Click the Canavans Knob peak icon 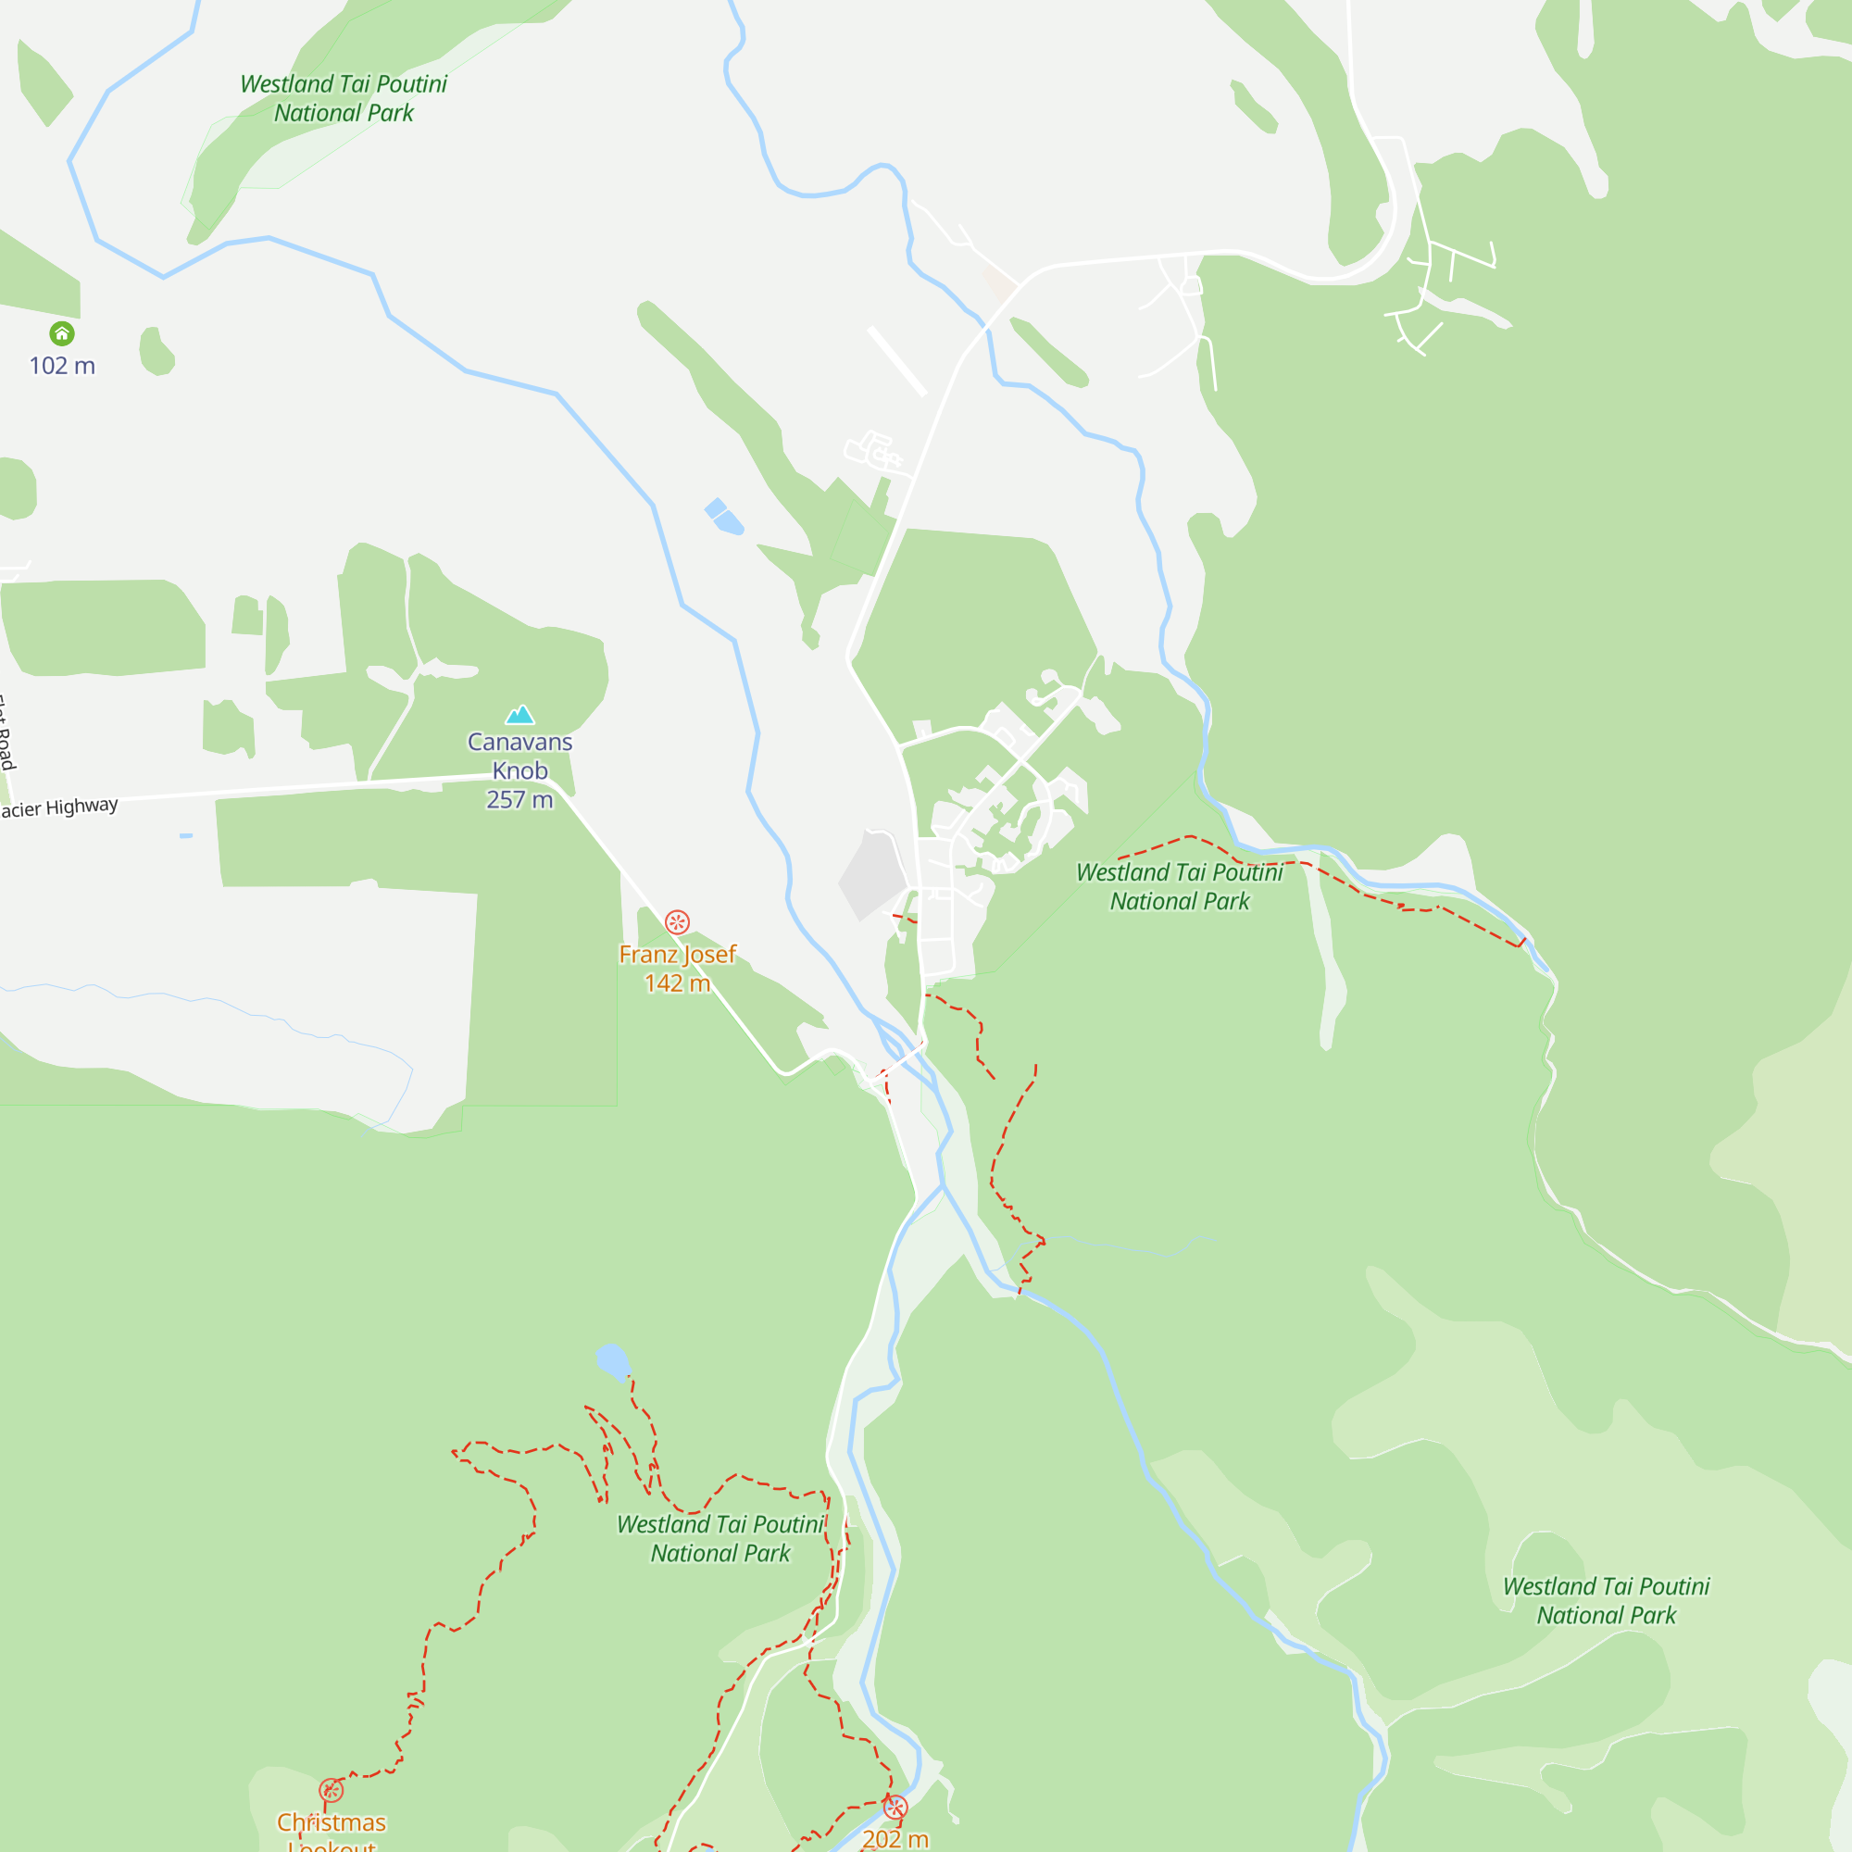(519, 714)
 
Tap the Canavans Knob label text (519, 756)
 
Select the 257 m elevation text (519, 799)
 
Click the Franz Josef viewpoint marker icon (677, 922)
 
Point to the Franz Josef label (677, 954)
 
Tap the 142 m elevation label (677, 982)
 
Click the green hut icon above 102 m (62, 333)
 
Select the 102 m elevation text (62, 365)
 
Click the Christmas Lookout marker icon (331, 1790)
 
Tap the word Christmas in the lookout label (331, 1821)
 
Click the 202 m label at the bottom (895, 1839)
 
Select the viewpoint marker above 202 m (895, 1808)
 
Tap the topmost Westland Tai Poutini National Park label (344, 98)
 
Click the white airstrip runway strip (897, 361)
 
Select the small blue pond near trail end (612, 1360)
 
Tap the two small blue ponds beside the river (725, 517)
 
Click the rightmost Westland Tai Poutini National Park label (1606, 1600)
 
